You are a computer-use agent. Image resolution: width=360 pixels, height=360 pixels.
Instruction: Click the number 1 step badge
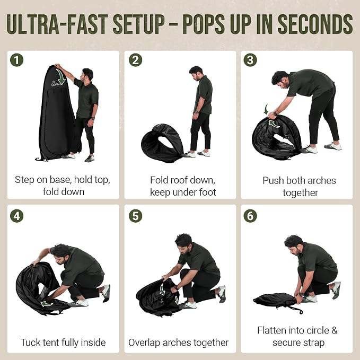[17, 60]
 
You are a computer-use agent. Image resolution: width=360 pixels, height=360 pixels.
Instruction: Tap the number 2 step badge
[135, 60]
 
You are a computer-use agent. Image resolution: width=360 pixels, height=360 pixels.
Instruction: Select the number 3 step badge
[250, 60]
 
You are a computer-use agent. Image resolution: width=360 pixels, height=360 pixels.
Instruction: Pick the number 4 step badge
[17, 216]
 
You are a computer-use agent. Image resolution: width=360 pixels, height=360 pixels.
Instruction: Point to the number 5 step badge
[135, 216]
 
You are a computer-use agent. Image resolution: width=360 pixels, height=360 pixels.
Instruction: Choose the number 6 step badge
[250, 216]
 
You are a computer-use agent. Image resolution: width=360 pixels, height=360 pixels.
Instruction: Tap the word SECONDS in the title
[315, 24]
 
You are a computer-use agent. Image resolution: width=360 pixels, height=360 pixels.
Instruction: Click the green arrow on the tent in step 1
[60, 76]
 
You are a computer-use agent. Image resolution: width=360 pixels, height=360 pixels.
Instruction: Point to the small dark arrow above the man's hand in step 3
[266, 109]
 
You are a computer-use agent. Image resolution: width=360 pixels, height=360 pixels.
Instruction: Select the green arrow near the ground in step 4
[47, 304]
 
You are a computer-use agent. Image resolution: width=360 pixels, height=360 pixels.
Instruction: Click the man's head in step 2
[196, 73]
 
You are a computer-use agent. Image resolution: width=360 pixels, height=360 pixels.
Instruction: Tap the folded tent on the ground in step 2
[163, 143]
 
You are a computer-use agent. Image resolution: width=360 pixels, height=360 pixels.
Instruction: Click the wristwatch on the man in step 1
[93, 118]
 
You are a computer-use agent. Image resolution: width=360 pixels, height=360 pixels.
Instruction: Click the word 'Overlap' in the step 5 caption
[144, 343]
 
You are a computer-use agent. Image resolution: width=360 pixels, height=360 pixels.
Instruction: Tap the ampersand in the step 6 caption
[335, 331]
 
